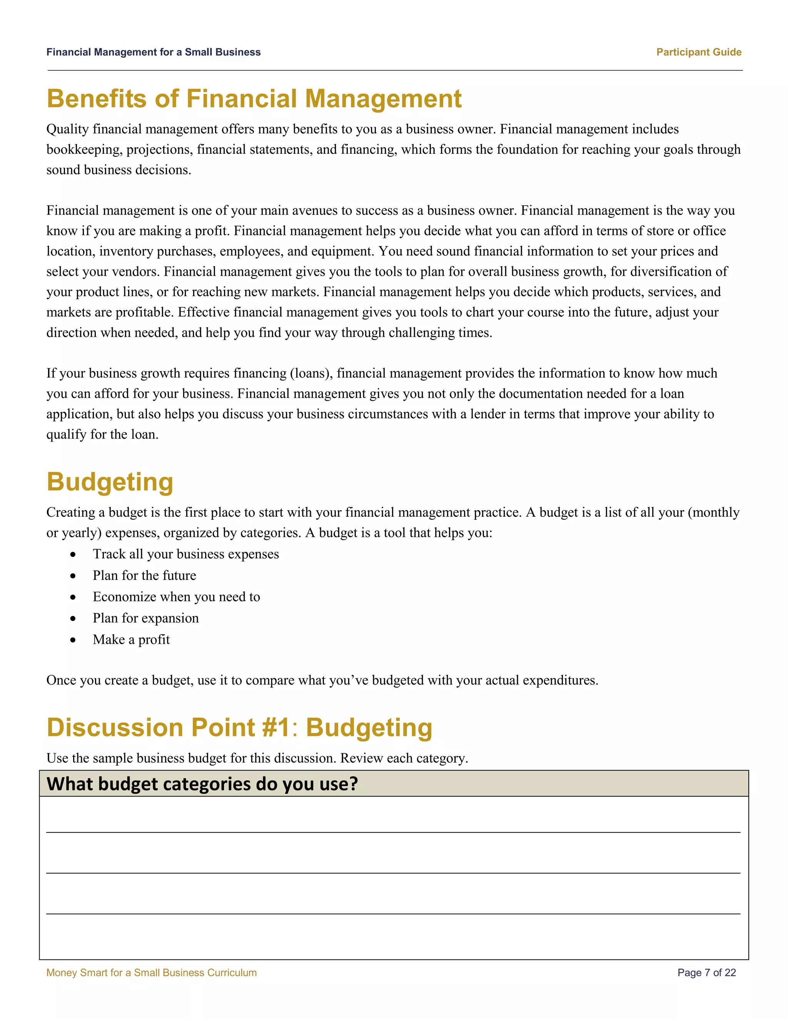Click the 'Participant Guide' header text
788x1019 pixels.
pyautogui.click(x=698, y=52)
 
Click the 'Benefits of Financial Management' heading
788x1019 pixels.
pyautogui.click(x=254, y=99)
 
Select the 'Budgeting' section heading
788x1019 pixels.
pyautogui.click(x=110, y=482)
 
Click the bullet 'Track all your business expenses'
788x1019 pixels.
pyautogui.click(x=185, y=554)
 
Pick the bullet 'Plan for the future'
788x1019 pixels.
pyautogui.click(x=144, y=575)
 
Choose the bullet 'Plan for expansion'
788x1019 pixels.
pyautogui.click(x=146, y=618)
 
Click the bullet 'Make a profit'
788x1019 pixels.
pyautogui.click(x=131, y=640)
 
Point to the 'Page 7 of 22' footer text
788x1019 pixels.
pyautogui.click(x=706, y=973)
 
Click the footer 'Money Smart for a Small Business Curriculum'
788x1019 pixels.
pyautogui.click(x=151, y=973)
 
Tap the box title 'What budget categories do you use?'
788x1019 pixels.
pyautogui.click(x=202, y=784)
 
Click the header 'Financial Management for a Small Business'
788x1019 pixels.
pyautogui.click(x=153, y=52)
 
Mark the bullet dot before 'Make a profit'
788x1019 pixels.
pyautogui.click(x=73, y=640)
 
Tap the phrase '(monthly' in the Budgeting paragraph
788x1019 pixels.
pyautogui.click(x=713, y=512)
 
